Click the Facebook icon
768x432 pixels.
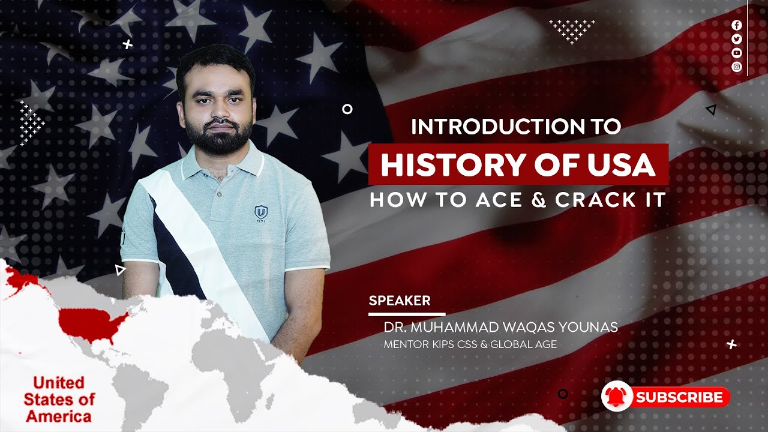tap(737, 25)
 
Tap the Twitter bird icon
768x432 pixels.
tap(737, 39)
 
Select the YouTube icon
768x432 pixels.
tap(737, 53)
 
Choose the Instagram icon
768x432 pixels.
tap(737, 67)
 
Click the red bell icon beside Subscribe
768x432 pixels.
tap(617, 397)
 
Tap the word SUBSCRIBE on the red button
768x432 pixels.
tap(679, 397)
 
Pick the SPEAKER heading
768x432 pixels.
tap(400, 301)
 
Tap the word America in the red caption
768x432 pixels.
tap(58, 416)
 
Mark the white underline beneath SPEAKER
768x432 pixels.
tap(407, 314)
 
